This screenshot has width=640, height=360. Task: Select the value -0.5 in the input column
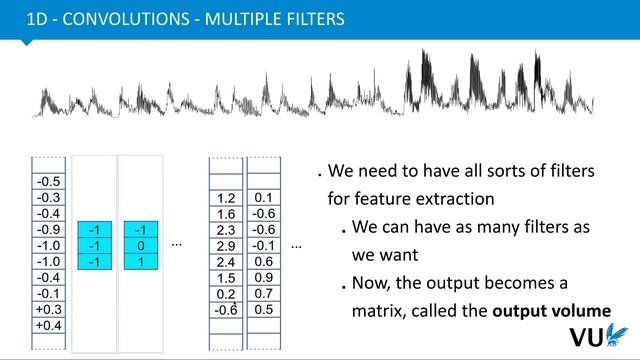tap(48, 182)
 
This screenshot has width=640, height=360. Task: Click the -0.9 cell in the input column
tap(48, 229)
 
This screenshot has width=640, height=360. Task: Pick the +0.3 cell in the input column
tap(48, 310)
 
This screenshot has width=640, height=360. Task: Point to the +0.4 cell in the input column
tap(48, 326)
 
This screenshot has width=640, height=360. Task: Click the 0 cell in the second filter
tap(140, 245)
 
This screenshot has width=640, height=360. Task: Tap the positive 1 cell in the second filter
tap(140, 261)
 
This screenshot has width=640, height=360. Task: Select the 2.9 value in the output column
tap(226, 246)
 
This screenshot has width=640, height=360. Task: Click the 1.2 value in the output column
tap(226, 198)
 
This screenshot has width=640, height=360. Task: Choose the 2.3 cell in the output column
tap(226, 230)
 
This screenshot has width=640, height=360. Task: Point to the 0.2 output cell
tap(226, 294)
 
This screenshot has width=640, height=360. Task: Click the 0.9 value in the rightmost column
tap(263, 277)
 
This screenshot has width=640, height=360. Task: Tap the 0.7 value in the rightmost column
tap(263, 293)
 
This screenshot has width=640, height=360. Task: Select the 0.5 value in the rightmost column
tap(263, 309)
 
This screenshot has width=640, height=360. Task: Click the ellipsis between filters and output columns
tap(177, 245)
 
